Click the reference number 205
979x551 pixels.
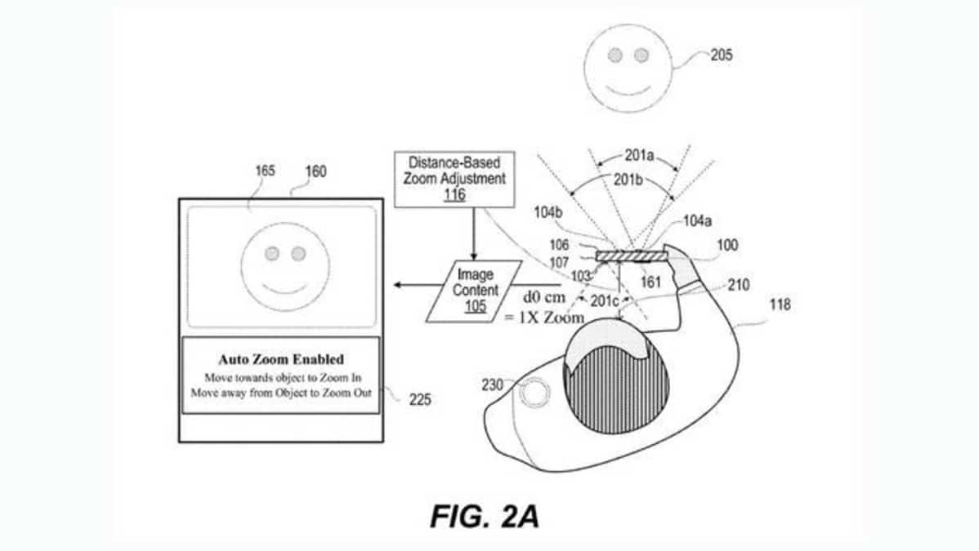point(721,56)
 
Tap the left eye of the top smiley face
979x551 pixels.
point(615,55)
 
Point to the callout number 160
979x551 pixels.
point(315,171)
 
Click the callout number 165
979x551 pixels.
point(266,171)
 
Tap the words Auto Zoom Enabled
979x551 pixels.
point(280,359)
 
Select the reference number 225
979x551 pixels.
point(418,400)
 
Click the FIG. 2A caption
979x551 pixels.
point(485,517)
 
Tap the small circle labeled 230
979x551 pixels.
point(536,394)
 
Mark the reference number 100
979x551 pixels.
point(726,245)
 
